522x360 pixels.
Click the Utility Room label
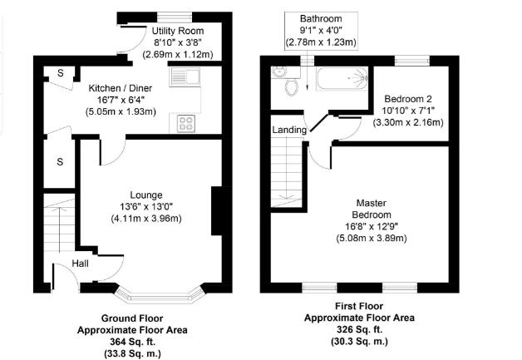point(173,32)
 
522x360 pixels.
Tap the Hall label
point(81,264)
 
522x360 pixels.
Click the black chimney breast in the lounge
point(217,211)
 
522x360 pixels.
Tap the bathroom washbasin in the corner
point(278,74)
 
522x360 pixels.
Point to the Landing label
point(289,130)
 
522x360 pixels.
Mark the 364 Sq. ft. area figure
point(131,341)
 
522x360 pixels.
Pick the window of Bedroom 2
point(411,58)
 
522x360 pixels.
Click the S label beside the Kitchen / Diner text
point(61,74)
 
